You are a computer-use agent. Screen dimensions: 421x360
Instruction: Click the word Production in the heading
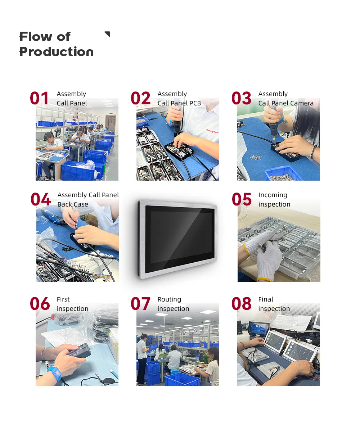[x=56, y=52]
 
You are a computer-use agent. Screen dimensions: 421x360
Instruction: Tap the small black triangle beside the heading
[x=107, y=34]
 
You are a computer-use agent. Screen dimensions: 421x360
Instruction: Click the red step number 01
[x=39, y=99]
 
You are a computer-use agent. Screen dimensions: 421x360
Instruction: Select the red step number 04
[x=40, y=199]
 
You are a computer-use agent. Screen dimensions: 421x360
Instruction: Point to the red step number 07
[x=140, y=304]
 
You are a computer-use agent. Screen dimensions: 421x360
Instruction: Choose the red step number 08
[x=241, y=304]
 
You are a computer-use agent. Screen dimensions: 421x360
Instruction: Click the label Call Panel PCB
[x=179, y=103]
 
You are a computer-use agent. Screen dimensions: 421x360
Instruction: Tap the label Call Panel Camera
[x=286, y=103]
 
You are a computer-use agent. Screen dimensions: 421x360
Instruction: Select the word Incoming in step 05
[x=273, y=195]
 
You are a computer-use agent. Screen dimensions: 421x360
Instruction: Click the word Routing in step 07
[x=169, y=299]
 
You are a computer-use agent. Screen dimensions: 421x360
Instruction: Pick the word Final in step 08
[x=266, y=299]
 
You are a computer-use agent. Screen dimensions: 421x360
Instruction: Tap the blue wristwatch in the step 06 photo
[x=54, y=373]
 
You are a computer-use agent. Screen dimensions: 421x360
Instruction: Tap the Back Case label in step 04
[x=73, y=204]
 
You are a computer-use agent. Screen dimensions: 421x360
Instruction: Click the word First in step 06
[x=63, y=299]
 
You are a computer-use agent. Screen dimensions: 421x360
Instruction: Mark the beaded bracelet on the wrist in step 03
[x=313, y=151]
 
